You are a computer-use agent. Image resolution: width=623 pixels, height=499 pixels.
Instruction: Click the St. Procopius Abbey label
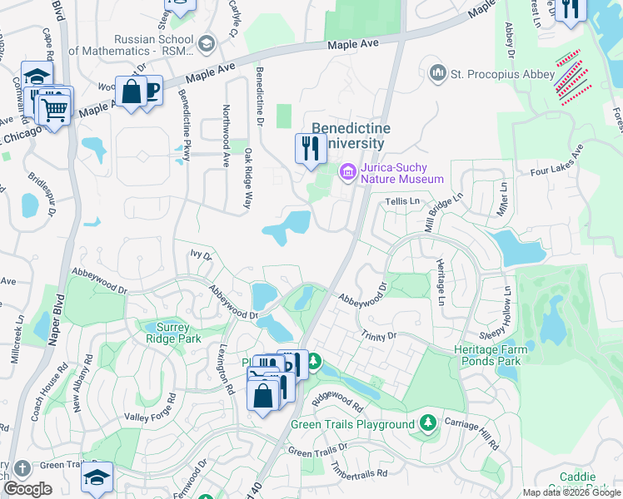tap(502, 74)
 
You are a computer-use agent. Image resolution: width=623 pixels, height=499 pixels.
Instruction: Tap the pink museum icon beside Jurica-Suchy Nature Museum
tap(347, 171)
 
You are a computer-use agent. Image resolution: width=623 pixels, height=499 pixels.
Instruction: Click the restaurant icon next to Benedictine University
tap(310, 149)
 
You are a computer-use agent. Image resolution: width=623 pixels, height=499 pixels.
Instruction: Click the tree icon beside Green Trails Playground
tap(428, 424)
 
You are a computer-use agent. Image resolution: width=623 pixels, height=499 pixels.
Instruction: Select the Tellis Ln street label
tap(402, 201)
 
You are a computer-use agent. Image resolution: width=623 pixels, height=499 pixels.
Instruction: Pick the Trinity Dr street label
tap(379, 335)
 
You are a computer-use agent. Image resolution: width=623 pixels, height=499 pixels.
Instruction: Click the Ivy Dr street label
tap(202, 254)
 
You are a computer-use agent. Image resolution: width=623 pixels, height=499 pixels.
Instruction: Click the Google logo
tap(27, 489)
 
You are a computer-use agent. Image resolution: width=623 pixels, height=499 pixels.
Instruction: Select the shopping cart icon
tap(54, 107)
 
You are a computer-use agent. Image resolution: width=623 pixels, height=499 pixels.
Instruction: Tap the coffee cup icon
tap(151, 89)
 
